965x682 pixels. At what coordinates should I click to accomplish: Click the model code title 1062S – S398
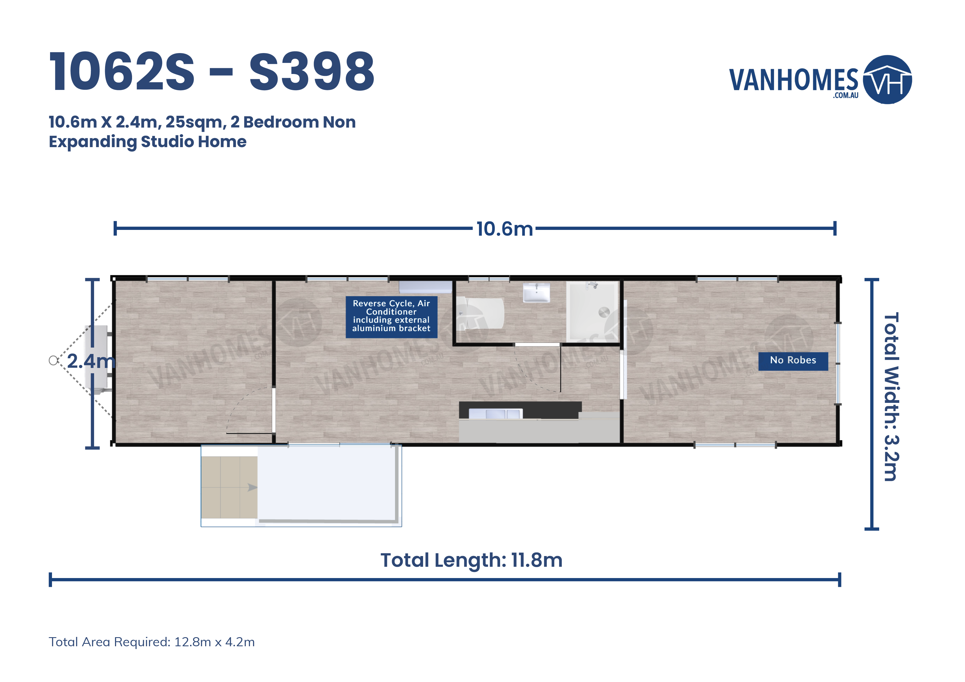(x=212, y=71)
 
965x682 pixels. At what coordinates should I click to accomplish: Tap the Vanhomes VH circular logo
(x=887, y=79)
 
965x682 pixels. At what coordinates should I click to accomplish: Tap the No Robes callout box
(x=793, y=361)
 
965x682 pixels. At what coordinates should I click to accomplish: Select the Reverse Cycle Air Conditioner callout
(x=391, y=317)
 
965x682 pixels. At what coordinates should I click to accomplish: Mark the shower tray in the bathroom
(x=592, y=311)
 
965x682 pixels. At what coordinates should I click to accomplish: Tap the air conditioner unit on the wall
(x=425, y=287)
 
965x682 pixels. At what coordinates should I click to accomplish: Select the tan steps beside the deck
(x=229, y=488)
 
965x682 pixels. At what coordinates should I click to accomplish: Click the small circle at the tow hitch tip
(x=53, y=361)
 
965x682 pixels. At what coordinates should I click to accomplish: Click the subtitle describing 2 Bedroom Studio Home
(x=202, y=131)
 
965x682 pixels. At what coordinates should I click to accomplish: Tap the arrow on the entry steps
(x=253, y=488)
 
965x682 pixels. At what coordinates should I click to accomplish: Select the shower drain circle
(x=604, y=312)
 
